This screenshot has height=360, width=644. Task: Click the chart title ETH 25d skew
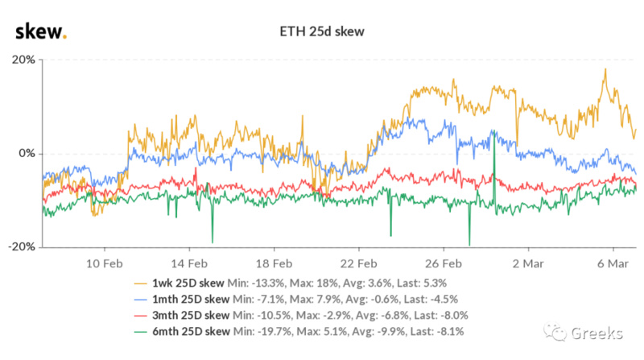coord(321,33)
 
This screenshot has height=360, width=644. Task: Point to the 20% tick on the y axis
coord(22,60)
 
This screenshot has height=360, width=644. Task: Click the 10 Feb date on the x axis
coord(105,263)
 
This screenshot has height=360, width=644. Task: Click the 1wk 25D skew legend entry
coord(184,283)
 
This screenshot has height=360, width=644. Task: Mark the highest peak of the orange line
coord(604,69)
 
